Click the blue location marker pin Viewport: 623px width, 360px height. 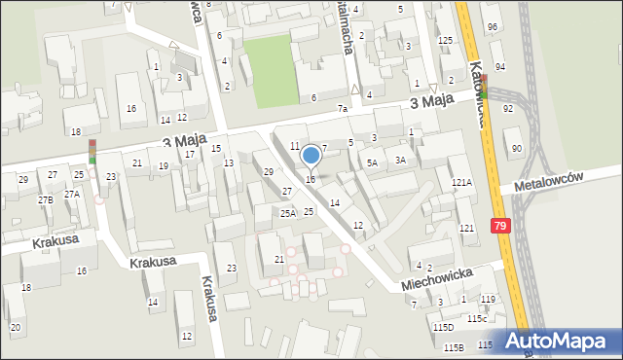click(311, 156)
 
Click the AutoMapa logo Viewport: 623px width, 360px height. click(560, 341)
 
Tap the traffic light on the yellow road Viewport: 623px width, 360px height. click(486, 90)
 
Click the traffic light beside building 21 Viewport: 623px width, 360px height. click(92, 152)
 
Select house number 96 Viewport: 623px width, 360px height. click(493, 26)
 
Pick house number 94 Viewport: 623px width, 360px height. click(499, 67)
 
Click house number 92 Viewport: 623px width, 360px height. click(507, 109)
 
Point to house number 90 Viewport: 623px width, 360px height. click(516, 148)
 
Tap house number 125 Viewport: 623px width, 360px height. click(445, 40)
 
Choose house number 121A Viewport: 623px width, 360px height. click(461, 183)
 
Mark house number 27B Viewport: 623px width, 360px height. click(46, 199)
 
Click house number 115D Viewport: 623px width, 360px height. click(443, 328)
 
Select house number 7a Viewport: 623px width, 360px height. click(342, 109)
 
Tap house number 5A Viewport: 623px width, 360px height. click(372, 163)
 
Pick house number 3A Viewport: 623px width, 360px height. click(400, 160)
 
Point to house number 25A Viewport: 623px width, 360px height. click(288, 212)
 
